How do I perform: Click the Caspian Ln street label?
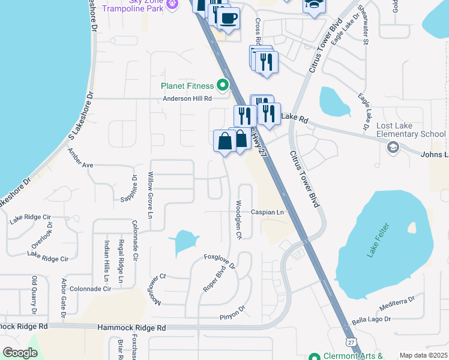click(x=267, y=212)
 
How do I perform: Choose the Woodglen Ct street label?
click(x=238, y=220)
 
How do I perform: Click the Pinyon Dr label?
click(x=234, y=312)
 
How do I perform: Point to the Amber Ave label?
click(x=80, y=164)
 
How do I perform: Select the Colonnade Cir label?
click(x=91, y=289)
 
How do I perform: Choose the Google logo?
click(x=20, y=353)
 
